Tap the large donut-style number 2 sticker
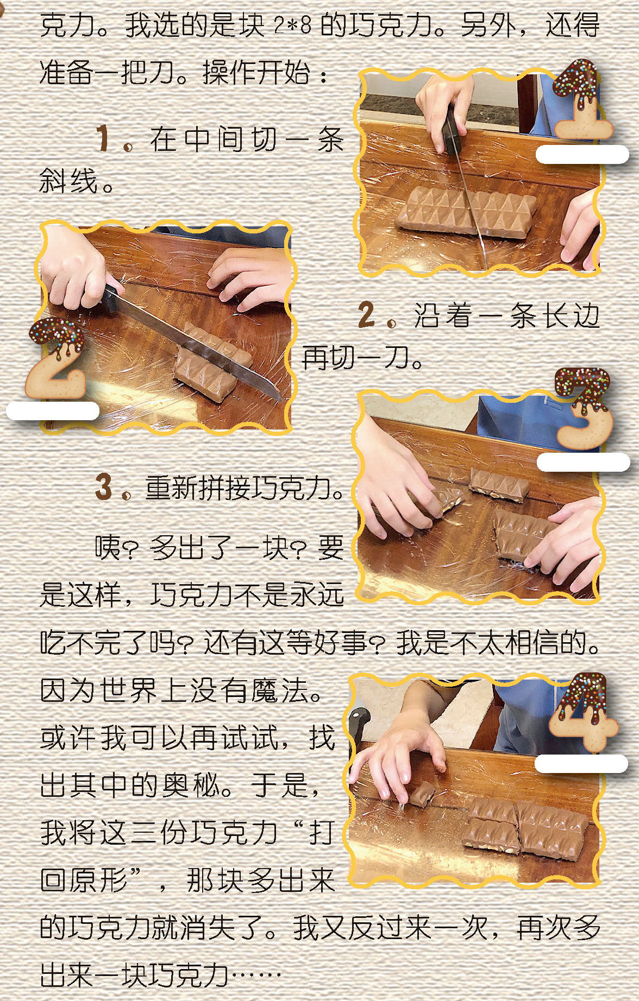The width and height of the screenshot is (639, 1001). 57,358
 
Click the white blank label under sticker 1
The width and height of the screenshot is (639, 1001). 582,154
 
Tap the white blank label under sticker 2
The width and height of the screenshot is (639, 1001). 53,411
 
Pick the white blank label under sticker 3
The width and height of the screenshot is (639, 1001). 583,462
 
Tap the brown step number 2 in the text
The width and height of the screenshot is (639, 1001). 367,315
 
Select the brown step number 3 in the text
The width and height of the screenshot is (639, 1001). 103,486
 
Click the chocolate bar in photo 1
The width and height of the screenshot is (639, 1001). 466,212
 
